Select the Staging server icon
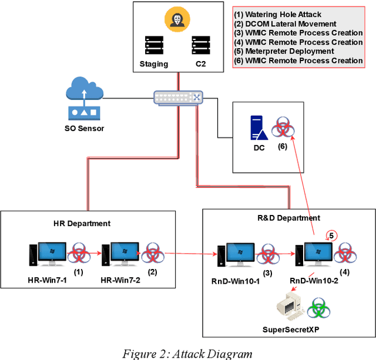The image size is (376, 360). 154,45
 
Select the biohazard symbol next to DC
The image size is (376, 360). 283,127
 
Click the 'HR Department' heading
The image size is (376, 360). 86,224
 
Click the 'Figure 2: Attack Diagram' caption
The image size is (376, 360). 187,353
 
